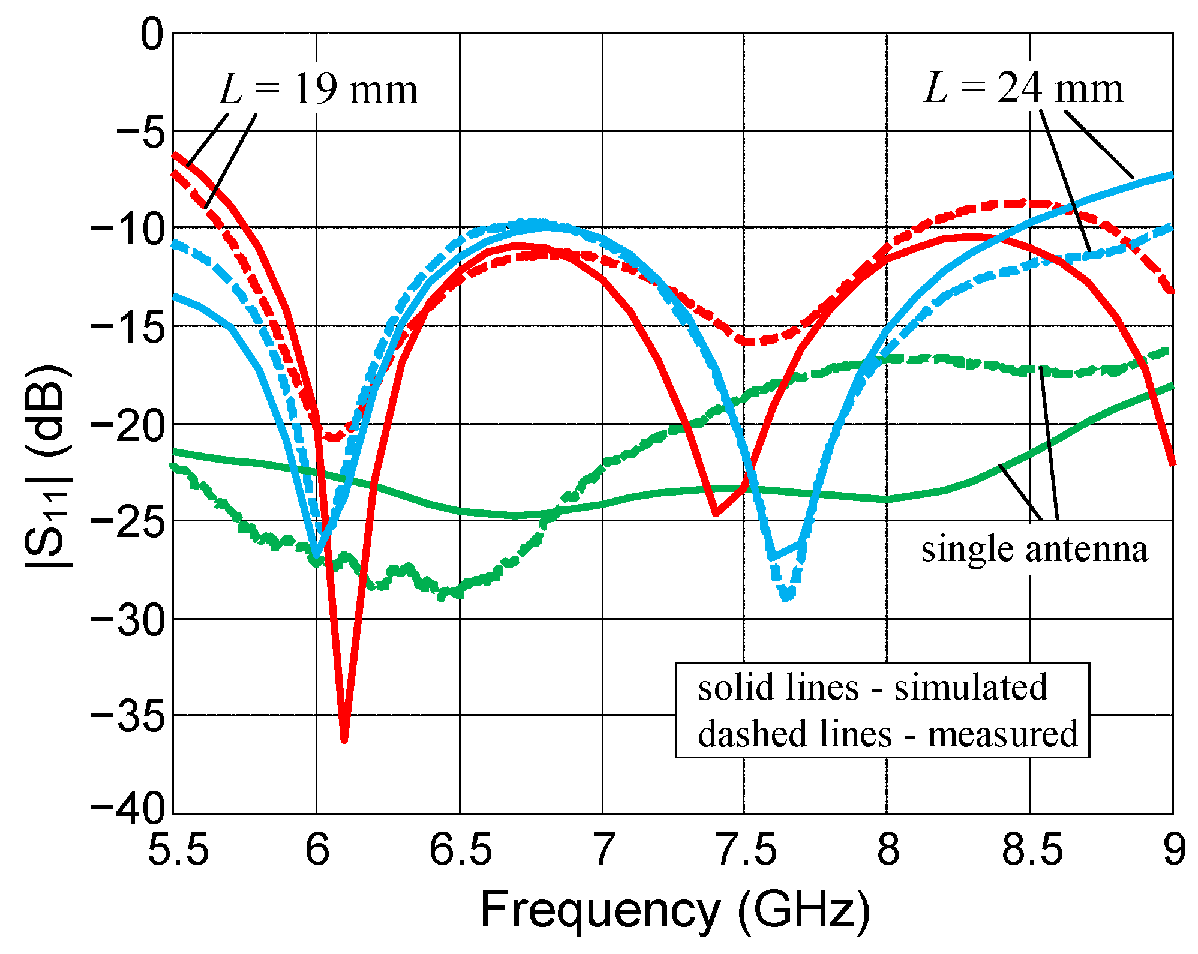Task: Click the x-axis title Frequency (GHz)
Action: coord(674,910)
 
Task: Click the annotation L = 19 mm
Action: coord(318,91)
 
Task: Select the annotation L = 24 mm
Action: coord(1022,89)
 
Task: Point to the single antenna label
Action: coord(1034,548)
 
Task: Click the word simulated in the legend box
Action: coord(970,687)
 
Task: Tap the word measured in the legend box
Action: coord(1002,734)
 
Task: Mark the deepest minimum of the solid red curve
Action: coord(344,740)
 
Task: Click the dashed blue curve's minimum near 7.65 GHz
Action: coord(786,598)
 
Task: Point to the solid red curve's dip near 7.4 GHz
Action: coord(716,514)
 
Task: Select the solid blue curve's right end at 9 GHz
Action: coord(1172,175)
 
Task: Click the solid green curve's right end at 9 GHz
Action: coord(1172,386)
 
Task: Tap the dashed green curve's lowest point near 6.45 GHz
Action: coord(442,596)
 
